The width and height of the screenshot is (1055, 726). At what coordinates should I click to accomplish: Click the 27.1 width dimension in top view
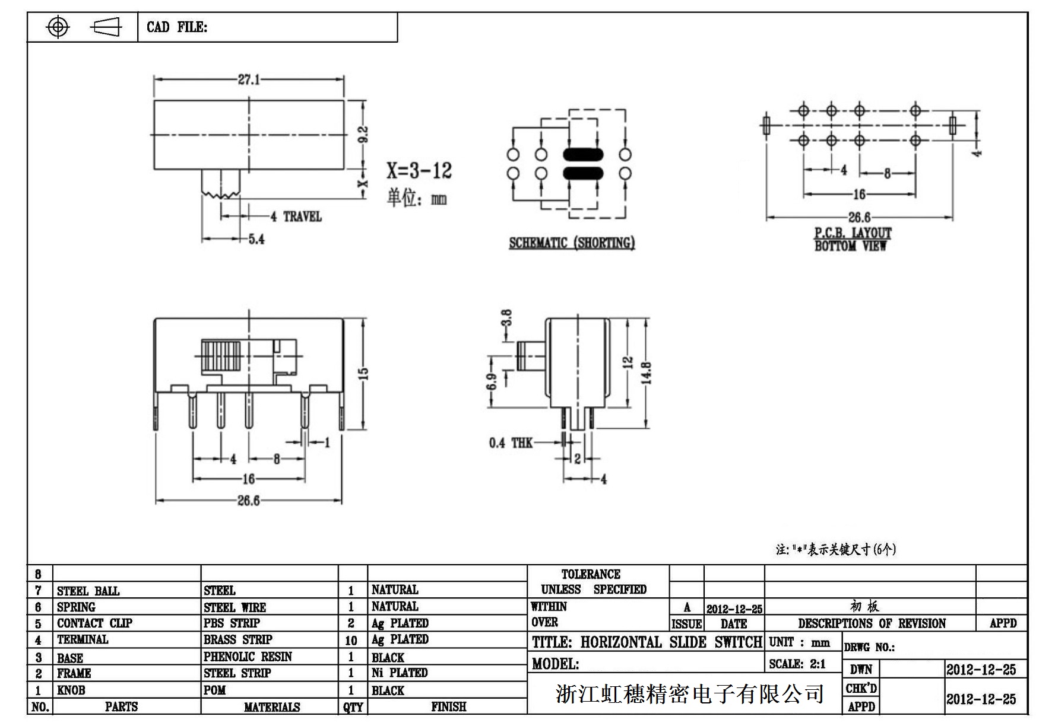click(x=249, y=79)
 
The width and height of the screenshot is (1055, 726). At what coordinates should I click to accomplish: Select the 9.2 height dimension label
click(x=364, y=135)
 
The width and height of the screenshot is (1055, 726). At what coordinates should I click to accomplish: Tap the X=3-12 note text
click(x=419, y=171)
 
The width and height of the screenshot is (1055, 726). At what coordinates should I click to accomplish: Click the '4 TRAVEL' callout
click(x=296, y=216)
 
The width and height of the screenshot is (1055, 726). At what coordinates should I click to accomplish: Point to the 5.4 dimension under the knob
click(x=256, y=239)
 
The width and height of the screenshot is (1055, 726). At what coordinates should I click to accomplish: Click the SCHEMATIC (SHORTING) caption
click(x=572, y=243)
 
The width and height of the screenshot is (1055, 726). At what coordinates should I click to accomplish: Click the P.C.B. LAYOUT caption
click(x=853, y=233)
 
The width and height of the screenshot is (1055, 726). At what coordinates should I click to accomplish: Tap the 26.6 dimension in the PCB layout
click(x=859, y=218)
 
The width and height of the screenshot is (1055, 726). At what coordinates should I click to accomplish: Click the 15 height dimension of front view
click(x=363, y=374)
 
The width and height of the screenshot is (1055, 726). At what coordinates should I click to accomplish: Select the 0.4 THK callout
click(x=511, y=443)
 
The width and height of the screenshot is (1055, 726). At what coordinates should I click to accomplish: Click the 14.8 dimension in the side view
click(x=647, y=373)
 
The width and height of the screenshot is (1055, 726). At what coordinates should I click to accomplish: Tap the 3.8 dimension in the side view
click(x=506, y=319)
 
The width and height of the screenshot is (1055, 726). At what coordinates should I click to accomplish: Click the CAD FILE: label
click(x=177, y=27)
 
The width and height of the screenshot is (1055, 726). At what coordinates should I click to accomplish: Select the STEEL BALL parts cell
click(x=88, y=591)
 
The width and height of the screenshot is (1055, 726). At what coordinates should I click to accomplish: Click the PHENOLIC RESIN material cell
click(x=248, y=657)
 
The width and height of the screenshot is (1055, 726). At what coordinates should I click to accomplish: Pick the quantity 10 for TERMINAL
click(x=351, y=640)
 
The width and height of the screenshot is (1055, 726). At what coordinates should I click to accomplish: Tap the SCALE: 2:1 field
click(x=797, y=664)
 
